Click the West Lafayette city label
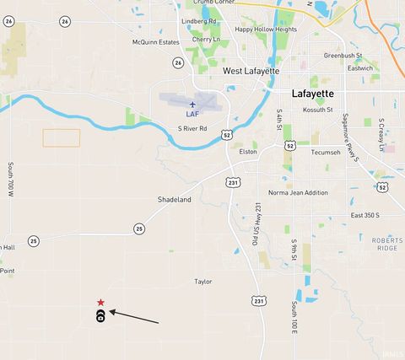tap(251, 72)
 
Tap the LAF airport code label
tap(192, 114)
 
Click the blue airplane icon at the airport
tap(192, 104)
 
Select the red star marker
tap(100, 303)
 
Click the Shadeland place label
tap(175, 200)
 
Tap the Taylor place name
tap(203, 282)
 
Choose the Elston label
tap(248, 152)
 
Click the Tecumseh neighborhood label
tap(326, 153)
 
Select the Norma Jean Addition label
tap(298, 193)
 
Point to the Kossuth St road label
tap(318, 110)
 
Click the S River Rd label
tap(192, 129)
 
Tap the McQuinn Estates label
tap(156, 41)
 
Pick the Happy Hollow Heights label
tap(266, 29)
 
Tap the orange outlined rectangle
tap(62, 137)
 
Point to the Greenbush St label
tap(343, 55)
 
